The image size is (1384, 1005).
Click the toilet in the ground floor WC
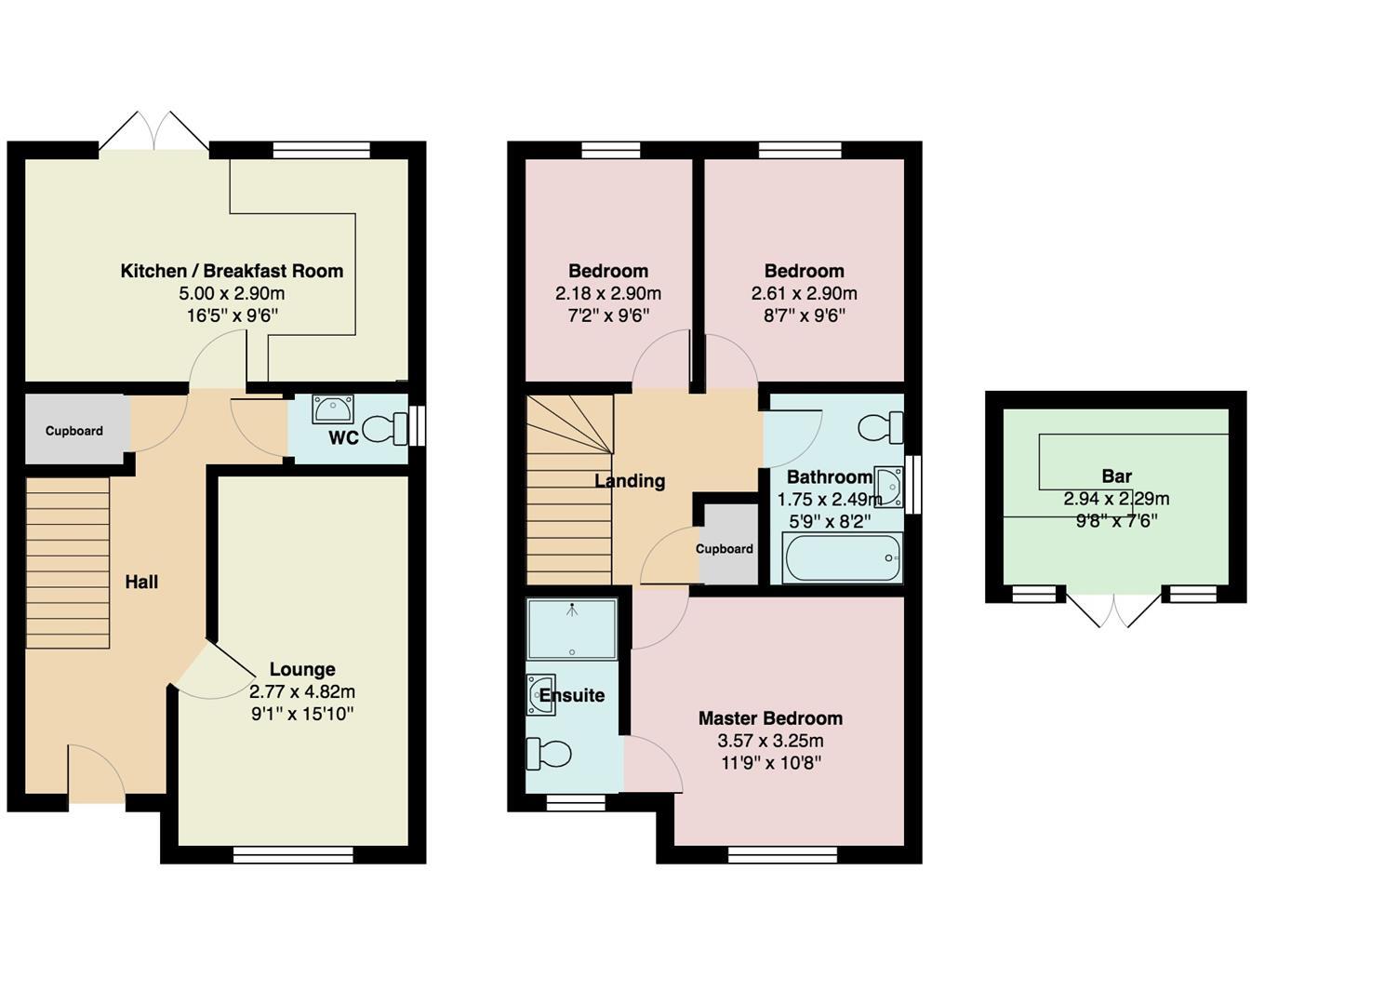pyautogui.click(x=385, y=429)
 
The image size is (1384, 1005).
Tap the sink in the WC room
pyautogui.click(x=332, y=409)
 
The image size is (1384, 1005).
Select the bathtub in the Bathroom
pyautogui.click(x=842, y=557)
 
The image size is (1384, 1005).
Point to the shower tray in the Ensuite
pyautogui.click(x=571, y=628)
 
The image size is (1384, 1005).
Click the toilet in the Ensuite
pyautogui.click(x=549, y=754)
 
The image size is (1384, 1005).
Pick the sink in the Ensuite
pyautogui.click(x=541, y=695)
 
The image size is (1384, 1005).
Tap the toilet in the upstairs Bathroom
pyautogui.click(x=880, y=428)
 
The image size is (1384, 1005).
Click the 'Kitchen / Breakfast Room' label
pyautogui.click(x=232, y=271)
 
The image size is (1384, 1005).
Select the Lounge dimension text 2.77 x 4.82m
pyautogui.click(x=302, y=692)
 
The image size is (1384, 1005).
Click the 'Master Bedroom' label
pyautogui.click(x=770, y=718)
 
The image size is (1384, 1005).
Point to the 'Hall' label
pyautogui.click(x=141, y=583)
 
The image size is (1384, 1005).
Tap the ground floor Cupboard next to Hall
pyautogui.click(x=74, y=431)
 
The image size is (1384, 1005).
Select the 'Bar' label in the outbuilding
pyautogui.click(x=1116, y=476)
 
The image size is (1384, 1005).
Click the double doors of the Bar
pyautogui.click(x=1113, y=610)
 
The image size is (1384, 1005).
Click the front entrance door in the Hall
pyautogui.click(x=96, y=777)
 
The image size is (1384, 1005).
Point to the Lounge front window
pyautogui.click(x=293, y=854)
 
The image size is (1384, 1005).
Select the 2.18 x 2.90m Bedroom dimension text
pyautogui.click(x=608, y=294)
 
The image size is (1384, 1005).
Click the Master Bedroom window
pyautogui.click(x=782, y=854)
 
